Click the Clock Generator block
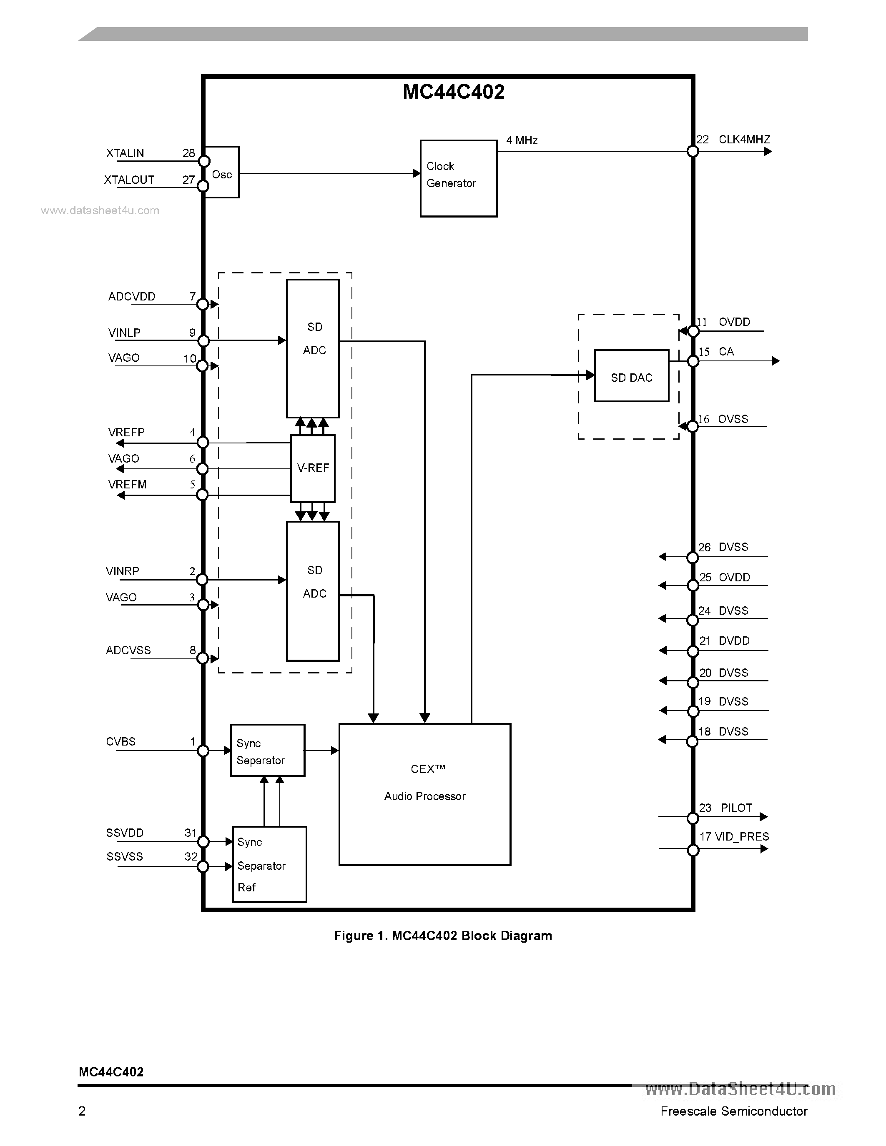(458, 178)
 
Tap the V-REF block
(313, 468)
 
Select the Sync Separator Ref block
(269, 865)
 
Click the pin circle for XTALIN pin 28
(203, 161)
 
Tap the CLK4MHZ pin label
(744, 140)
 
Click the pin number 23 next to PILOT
(705, 808)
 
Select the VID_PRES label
(742, 836)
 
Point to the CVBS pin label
(121, 741)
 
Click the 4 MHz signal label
(522, 140)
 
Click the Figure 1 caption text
(443, 936)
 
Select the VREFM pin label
(128, 484)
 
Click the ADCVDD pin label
(132, 296)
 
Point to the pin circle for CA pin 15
(693, 361)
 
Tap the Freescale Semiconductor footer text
(733, 1111)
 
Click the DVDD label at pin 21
(734, 641)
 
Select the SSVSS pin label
(124, 856)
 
